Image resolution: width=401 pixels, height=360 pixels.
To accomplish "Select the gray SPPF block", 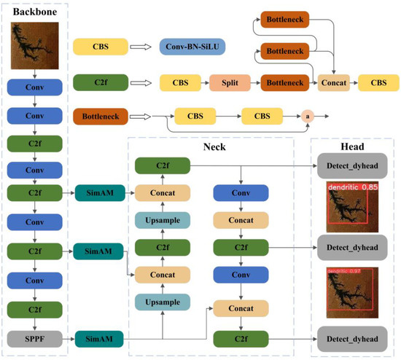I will pyautogui.click(x=28, y=339).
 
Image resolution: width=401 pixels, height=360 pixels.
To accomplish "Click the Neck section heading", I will pyautogui.click(x=211, y=146).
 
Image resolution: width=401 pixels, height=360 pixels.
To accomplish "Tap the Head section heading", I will pyautogui.click(x=352, y=146).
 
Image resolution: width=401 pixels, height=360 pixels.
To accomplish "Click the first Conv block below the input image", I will pyautogui.click(x=28, y=87).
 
